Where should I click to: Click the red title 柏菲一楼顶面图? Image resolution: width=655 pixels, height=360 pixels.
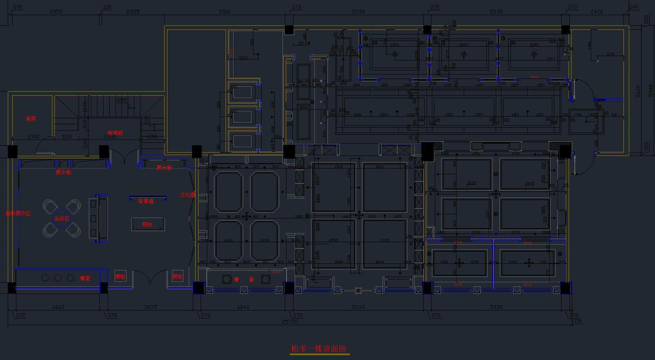[x=318, y=349]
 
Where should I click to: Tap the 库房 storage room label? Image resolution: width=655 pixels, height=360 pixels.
[x=31, y=119]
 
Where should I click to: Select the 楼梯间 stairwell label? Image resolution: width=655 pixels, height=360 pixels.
[x=115, y=133]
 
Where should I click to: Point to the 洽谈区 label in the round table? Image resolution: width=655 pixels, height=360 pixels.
[x=62, y=218]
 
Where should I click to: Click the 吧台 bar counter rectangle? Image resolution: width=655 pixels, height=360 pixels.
[x=147, y=224]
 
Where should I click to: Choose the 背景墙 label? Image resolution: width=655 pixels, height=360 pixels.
[x=146, y=201]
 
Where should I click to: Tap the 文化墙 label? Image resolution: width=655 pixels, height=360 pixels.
[x=187, y=195]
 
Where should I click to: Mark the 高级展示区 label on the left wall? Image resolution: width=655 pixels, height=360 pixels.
[x=18, y=213]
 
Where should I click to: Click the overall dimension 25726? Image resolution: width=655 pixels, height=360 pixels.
[x=290, y=322]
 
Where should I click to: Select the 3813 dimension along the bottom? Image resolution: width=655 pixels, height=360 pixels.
[x=58, y=307]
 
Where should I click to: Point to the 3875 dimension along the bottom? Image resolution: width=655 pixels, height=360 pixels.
[x=150, y=307]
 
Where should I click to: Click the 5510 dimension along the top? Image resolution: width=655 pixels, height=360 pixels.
[x=224, y=12]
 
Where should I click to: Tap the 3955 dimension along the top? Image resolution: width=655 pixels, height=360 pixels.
[x=56, y=12]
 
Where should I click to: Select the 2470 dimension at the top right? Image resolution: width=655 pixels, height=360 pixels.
[x=596, y=12]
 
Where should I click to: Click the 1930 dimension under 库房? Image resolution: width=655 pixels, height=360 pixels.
[x=33, y=136]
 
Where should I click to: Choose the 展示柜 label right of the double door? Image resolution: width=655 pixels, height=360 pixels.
[x=164, y=168]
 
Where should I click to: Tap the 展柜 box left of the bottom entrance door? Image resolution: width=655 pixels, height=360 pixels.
[x=120, y=277]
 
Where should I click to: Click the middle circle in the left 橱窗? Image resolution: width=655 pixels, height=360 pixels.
[x=58, y=278]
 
